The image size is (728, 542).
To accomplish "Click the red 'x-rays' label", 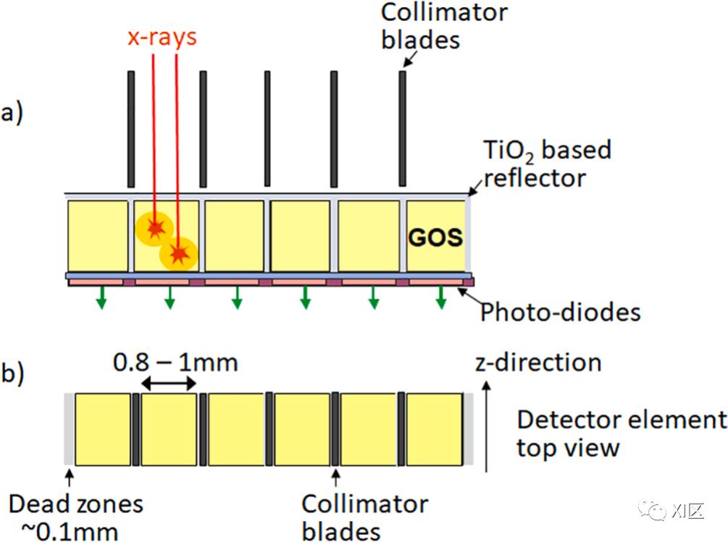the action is tap(162, 37).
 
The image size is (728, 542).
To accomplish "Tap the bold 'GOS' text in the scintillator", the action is tap(435, 237).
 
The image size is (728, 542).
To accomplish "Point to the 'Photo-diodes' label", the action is tap(561, 312).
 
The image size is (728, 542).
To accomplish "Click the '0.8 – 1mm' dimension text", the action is tap(175, 362).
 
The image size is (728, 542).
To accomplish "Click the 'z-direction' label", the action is tap(538, 363).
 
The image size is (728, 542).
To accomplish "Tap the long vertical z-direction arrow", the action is tap(486, 426).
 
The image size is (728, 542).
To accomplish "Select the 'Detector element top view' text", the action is tap(622, 433).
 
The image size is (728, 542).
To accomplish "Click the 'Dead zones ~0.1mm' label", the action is tap(75, 517).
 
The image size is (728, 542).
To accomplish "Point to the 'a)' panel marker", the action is tap(12, 113).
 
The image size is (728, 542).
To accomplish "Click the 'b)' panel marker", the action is tap(12, 373).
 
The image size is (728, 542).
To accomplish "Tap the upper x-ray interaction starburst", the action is tap(154, 228).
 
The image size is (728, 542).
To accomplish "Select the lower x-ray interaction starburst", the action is tap(179, 254).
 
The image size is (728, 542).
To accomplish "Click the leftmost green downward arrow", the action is tap(101, 297).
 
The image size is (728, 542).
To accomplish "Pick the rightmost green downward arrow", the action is tap(441, 297).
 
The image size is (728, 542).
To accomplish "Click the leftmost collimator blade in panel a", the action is tap(131, 129).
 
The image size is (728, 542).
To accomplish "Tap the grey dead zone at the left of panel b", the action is tap(70, 429).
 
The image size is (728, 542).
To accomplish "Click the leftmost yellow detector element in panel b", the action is tap(103, 429).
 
